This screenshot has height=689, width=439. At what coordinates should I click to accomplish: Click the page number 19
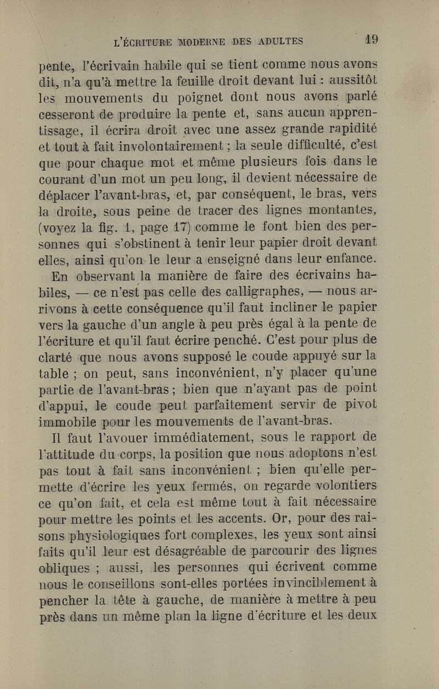(372, 40)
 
